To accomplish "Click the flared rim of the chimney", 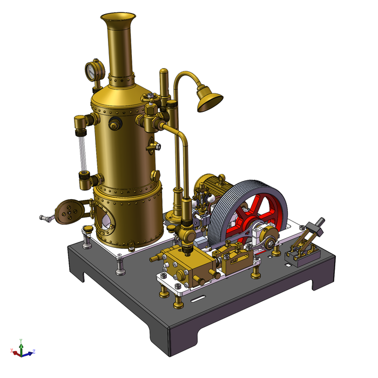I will [x=116, y=18].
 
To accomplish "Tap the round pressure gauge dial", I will [x=93, y=70].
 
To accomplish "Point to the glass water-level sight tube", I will [x=83, y=152].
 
